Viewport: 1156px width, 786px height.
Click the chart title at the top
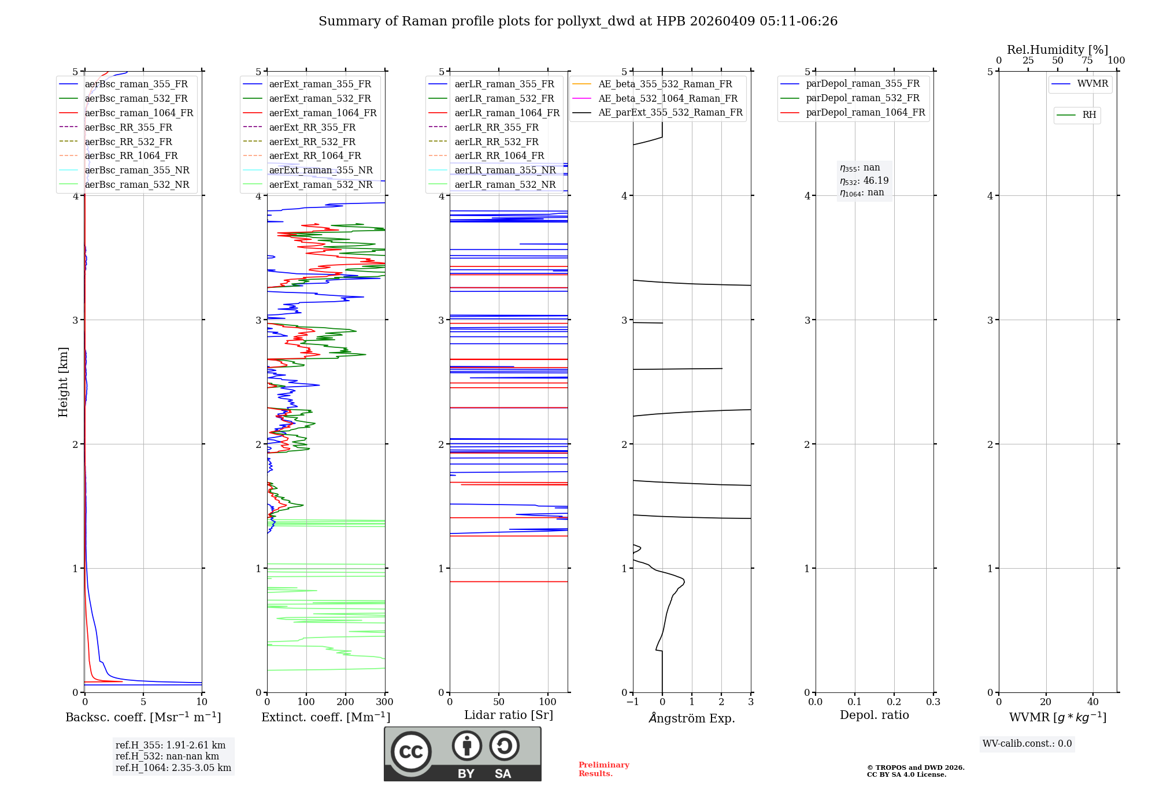coord(578,21)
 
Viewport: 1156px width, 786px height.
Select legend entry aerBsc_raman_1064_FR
coord(139,113)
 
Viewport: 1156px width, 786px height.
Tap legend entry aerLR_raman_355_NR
coord(505,170)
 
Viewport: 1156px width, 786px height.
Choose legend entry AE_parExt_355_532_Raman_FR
coord(670,112)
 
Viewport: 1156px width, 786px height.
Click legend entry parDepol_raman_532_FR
coord(862,98)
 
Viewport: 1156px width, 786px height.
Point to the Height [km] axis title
coord(63,381)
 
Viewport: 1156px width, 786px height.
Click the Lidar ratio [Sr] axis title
coord(509,715)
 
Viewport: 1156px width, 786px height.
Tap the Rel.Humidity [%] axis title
coord(1057,50)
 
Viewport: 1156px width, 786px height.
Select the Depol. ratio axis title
coord(874,715)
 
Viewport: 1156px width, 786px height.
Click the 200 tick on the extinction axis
coord(346,702)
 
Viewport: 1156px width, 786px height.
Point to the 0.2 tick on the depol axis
coord(894,702)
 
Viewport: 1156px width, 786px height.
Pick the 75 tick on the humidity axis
coord(1087,60)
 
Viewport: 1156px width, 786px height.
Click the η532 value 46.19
coord(876,181)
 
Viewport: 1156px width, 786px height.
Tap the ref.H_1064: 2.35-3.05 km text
coord(173,768)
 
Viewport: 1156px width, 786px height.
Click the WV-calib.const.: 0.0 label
coord(1027,744)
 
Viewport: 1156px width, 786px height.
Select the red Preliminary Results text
coord(603,769)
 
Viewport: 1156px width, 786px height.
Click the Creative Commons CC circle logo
coord(411,751)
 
